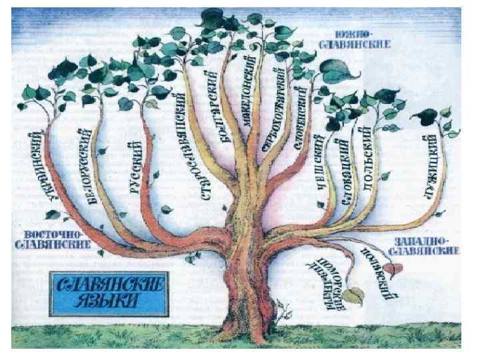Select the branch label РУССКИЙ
coord(136,166)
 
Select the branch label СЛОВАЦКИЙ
coord(345,171)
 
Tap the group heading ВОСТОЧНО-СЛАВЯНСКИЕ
coord(53,241)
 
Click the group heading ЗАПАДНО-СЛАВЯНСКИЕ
coord(426,245)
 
